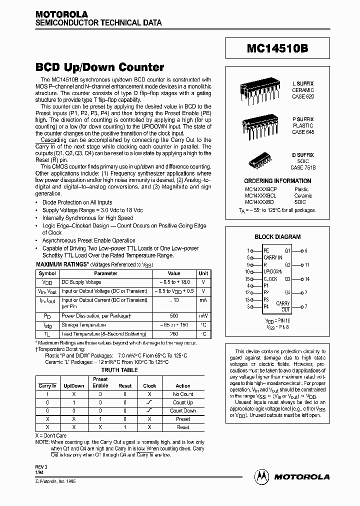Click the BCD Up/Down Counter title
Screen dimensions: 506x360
pyautogui.click(x=99, y=66)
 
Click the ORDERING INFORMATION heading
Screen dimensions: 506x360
pyautogui.click(x=277, y=181)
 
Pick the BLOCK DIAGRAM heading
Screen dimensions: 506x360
pyautogui.click(x=277, y=237)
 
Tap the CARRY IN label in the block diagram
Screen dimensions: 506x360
pyautogui.click(x=273, y=257)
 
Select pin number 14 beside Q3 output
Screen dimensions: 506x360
pyautogui.click(x=306, y=279)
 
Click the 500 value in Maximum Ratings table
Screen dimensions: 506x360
pyautogui.click(x=174, y=316)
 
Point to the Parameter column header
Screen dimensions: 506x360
pyautogui.click(x=106, y=273)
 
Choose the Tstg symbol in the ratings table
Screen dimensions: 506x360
pyautogui.click(x=47, y=325)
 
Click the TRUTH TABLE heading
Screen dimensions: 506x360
pyautogui.click(x=119, y=370)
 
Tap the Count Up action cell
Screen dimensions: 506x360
pyautogui.click(x=183, y=402)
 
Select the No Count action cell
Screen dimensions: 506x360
pyautogui.click(x=183, y=394)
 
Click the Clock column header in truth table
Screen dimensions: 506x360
pyautogui.click(x=149, y=385)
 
